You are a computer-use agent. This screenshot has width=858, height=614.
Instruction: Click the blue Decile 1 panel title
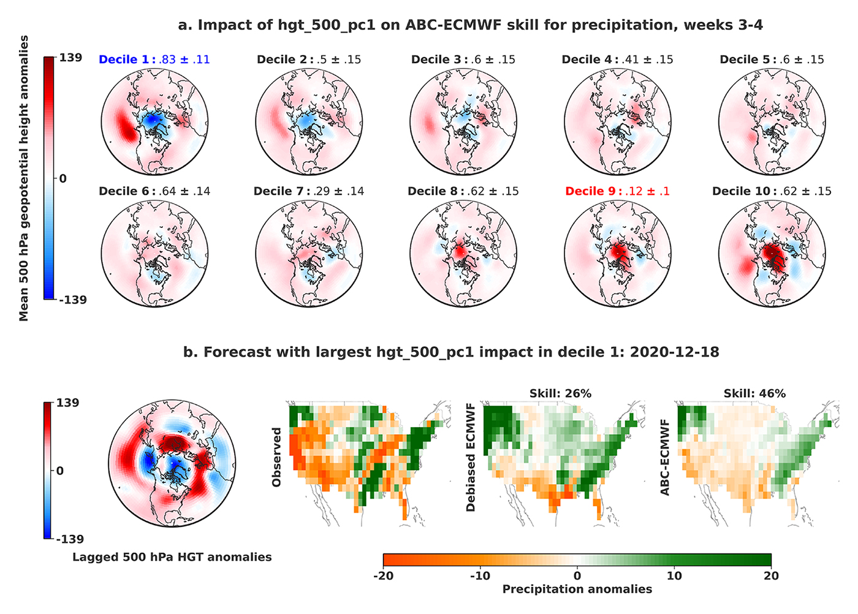click(x=154, y=59)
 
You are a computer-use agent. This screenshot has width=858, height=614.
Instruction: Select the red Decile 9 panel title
click(x=617, y=191)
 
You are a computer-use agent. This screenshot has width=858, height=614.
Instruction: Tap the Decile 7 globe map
click(x=309, y=253)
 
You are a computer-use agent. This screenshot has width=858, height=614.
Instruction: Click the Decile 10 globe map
click(x=772, y=253)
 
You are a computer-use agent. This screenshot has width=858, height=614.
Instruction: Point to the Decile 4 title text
click(x=617, y=59)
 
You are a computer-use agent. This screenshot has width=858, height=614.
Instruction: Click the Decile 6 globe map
click(x=154, y=253)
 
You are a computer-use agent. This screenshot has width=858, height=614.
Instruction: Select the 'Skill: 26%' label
click(x=560, y=393)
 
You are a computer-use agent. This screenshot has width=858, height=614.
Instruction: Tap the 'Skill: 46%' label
click(x=754, y=393)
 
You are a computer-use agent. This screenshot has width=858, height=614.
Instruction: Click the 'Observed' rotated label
click(x=276, y=457)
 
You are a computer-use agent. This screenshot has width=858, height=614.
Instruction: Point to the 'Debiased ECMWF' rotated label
click(x=471, y=457)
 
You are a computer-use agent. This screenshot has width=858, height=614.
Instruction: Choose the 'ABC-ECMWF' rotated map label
click(x=665, y=457)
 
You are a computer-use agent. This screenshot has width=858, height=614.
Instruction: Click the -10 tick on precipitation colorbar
click(x=480, y=575)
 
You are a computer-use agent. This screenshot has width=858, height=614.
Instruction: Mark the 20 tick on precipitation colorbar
click(x=771, y=575)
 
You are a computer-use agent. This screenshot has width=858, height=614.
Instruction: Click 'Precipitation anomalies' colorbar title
click(x=577, y=589)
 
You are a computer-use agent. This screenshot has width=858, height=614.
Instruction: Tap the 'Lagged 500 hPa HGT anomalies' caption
click(x=172, y=557)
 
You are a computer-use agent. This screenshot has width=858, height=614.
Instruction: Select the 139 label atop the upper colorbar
click(x=70, y=58)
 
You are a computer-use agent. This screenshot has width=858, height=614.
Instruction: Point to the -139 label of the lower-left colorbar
click(x=69, y=539)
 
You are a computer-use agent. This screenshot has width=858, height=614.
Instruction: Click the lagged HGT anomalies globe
click(x=172, y=463)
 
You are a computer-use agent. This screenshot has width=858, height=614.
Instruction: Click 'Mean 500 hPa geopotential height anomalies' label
click(x=24, y=178)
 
